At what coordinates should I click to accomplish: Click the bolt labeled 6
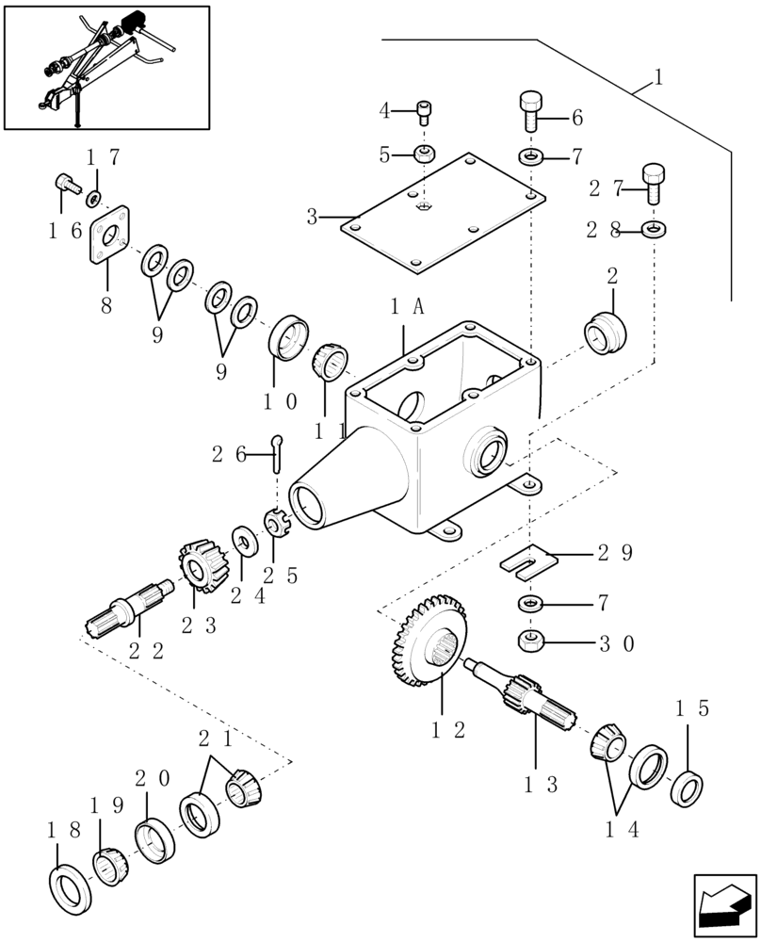click(x=530, y=112)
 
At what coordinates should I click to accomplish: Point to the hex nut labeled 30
click(x=530, y=642)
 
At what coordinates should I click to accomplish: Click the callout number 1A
click(x=406, y=306)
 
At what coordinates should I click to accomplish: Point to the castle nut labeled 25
click(x=276, y=522)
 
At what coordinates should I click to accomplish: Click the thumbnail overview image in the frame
click(x=105, y=67)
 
